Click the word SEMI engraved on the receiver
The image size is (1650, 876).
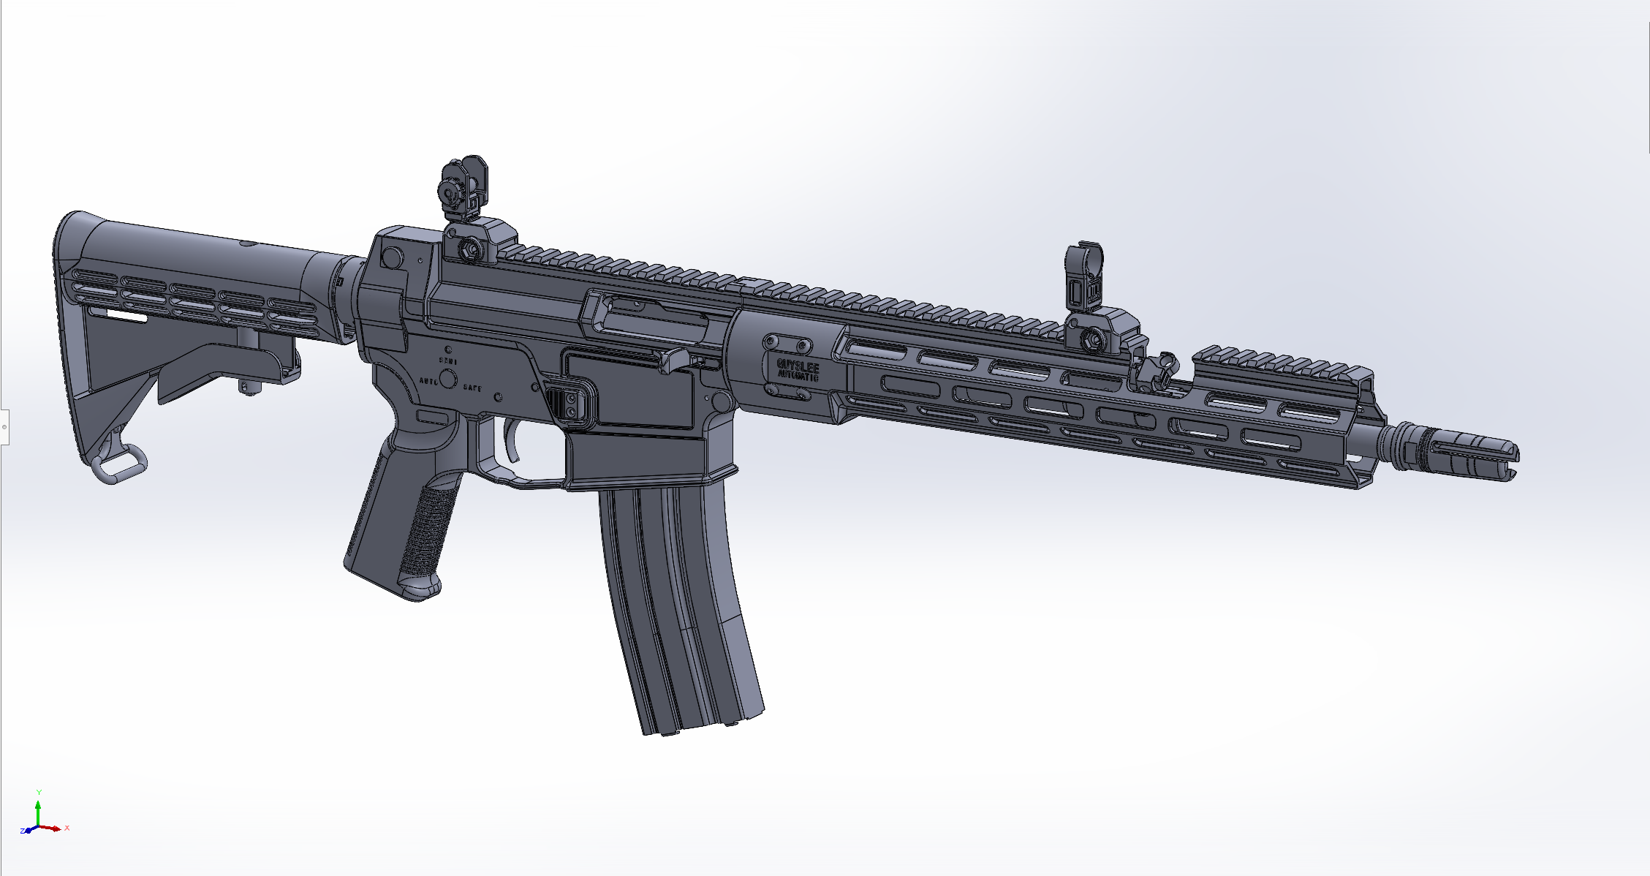tap(447, 361)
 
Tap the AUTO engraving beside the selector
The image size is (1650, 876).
tap(428, 382)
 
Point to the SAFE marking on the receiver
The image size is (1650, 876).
tap(472, 388)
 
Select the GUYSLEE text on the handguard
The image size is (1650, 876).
tap(798, 365)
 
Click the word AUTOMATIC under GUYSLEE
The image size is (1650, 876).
tap(798, 376)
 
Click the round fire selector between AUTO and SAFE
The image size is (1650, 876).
tap(447, 378)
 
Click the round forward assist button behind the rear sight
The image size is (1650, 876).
tap(392, 257)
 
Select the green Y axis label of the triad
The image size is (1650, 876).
tap(39, 792)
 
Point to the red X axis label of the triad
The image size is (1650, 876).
tap(67, 828)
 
